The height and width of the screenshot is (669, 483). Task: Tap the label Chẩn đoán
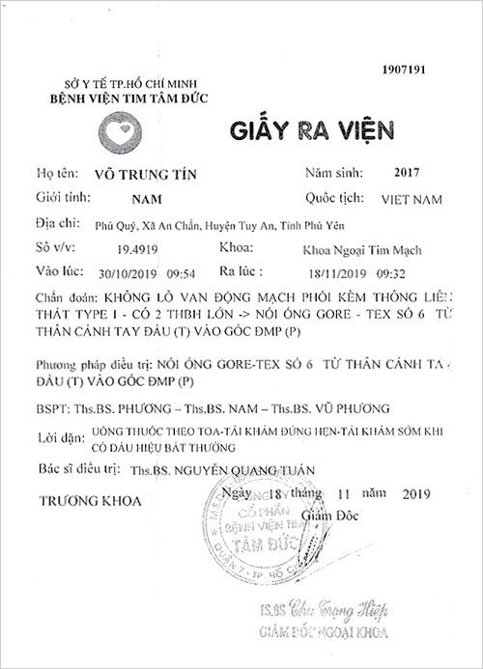(60, 298)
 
